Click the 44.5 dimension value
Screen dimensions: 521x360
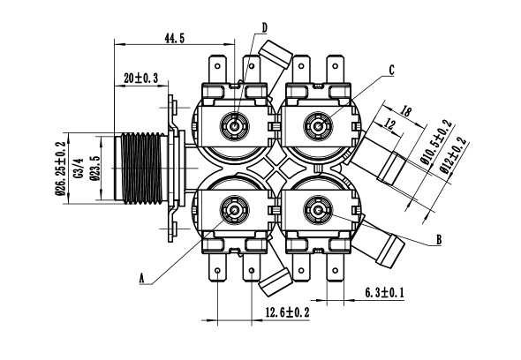pyautogui.click(x=175, y=38)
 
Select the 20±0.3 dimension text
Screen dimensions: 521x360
pyautogui.click(x=141, y=79)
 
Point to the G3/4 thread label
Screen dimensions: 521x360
pyautogui.click(x=79, y=168)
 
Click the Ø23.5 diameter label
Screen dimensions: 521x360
pyautogui.click(x=95, y=168)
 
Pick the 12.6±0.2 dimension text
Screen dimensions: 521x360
pyautogui.click(x=287, y=312)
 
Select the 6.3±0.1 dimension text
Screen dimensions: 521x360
pyautogui.click(x=384, y=293)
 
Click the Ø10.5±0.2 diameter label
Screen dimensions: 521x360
pyautogui.click(x=436, y=142)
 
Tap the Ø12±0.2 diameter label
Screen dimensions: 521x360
pyautogui.click(x=454, y=155)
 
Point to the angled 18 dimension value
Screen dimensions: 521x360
pyautogui.click(x=405, y=111)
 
